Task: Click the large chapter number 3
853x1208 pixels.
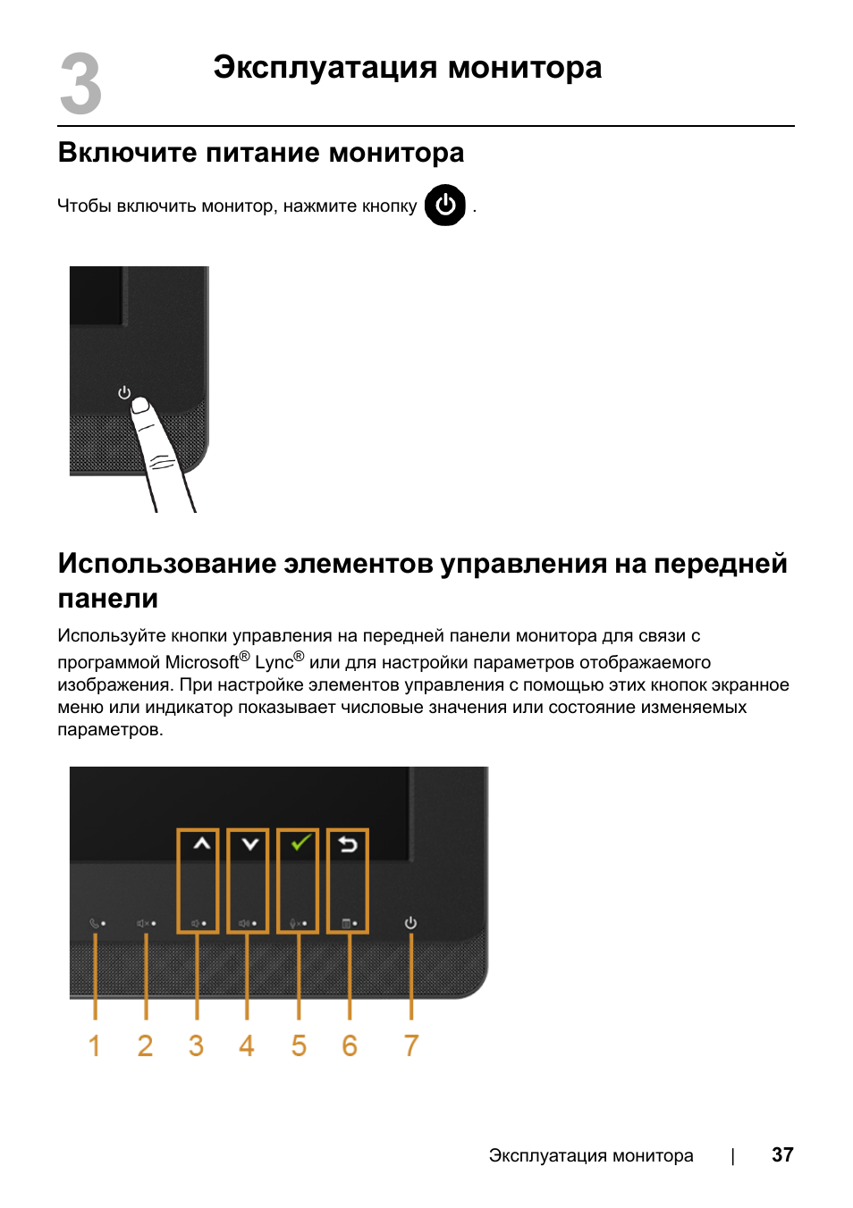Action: point(80,85)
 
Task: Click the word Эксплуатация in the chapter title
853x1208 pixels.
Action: point(325,68)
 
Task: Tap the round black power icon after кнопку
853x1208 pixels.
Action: point(445,206)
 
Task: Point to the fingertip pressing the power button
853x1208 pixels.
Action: point(140,407)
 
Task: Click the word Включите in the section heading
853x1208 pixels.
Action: point(127,153)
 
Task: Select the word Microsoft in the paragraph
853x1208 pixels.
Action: point(202,663)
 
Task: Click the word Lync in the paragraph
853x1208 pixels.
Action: point(274,663)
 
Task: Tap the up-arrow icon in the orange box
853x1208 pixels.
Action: point(202,843)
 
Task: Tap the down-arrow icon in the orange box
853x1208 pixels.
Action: point(250,843)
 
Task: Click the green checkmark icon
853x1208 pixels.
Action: point(300,843)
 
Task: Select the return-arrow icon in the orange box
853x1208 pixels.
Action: point(348,843)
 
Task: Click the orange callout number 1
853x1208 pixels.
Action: point(94,1046)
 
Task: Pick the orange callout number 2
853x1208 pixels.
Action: point(145,1046)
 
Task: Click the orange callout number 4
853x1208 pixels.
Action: point(247,1046)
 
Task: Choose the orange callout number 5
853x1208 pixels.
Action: point(299,1046)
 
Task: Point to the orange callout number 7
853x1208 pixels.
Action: point(411,1046)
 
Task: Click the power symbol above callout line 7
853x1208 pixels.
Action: point(410,923)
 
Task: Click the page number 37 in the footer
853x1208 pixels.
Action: point(782,1155)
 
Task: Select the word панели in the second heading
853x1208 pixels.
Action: point(108,599)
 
